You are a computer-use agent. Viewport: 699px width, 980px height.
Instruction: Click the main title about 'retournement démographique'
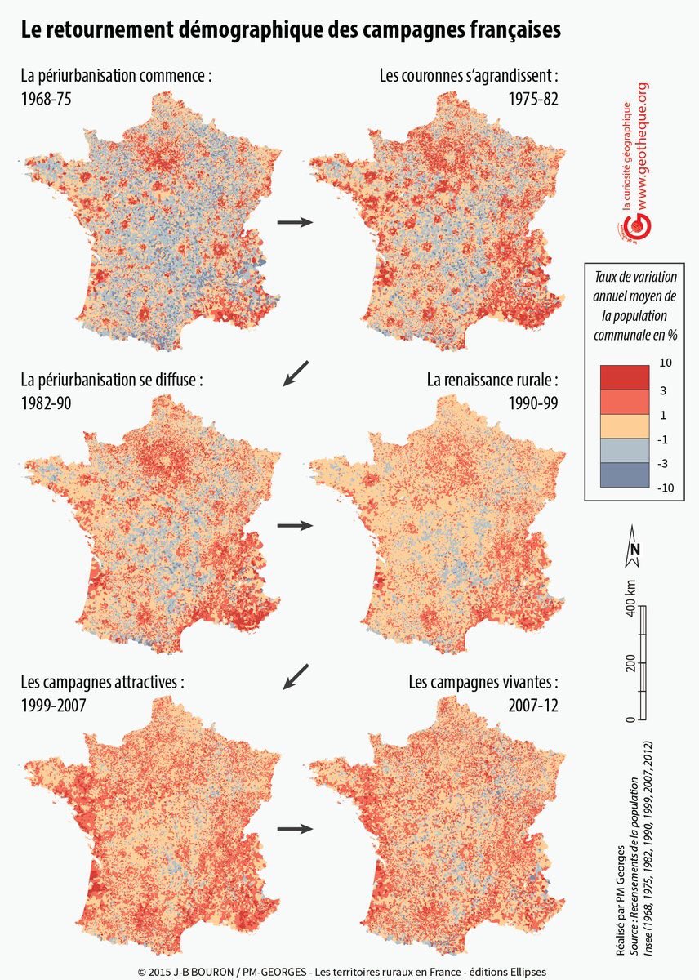(x=291, y=30)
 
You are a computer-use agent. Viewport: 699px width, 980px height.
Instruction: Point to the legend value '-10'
(x=666, y=488)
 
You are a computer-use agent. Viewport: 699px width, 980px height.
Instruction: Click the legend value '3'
(x=661, y=390)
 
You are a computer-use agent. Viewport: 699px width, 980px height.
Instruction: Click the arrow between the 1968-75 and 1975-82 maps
(x=295, y=221)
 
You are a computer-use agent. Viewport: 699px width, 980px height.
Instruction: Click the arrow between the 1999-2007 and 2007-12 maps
(x=295, y=829)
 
